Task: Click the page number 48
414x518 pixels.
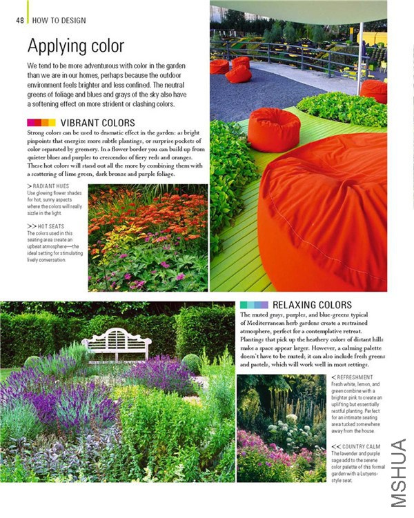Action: click(x=20, y=20)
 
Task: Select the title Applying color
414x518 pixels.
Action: click(x=75, y=46)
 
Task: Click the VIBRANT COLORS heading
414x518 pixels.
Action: click(x=97, y=123)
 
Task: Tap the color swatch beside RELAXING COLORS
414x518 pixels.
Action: click(x=253, y=305)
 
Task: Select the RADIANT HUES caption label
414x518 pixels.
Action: click(x=50, y=186)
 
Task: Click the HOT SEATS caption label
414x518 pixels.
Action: click(x=49, y=226)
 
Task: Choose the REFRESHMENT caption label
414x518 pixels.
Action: click(x=354, y=377)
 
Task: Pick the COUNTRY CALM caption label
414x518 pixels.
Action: click(x=355, y=447)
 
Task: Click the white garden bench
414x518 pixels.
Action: click(x=116, y=343)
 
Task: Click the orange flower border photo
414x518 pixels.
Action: click(x=148, y=237)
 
